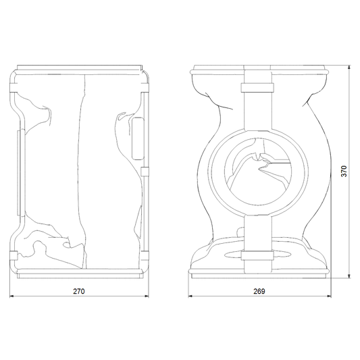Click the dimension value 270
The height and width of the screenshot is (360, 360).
pos(79,291)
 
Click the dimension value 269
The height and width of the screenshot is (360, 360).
pos(259,291)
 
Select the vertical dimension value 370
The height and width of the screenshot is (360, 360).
pos(344,171)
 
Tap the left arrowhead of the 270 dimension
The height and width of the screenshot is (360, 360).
pos(11,297)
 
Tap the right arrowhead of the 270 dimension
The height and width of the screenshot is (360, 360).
pos(147,297)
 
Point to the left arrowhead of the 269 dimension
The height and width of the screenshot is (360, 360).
pos(190,297)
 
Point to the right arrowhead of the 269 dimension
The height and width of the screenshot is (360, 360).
pos(329,297)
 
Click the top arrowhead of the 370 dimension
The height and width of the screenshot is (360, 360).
pos(349,68)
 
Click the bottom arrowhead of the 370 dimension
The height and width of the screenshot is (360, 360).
pos(349,276)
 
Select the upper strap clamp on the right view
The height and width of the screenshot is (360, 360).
pos(257,88)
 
